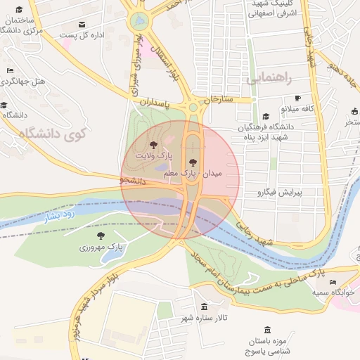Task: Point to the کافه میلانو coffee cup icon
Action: [297, 98]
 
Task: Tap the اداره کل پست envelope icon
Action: [83, 24]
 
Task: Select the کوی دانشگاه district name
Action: [53, 134]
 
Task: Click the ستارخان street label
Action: [217, 100]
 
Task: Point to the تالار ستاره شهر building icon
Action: [204, 307]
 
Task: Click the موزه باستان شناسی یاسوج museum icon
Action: [266, 330]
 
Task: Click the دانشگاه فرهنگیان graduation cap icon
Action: [265, 117]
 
